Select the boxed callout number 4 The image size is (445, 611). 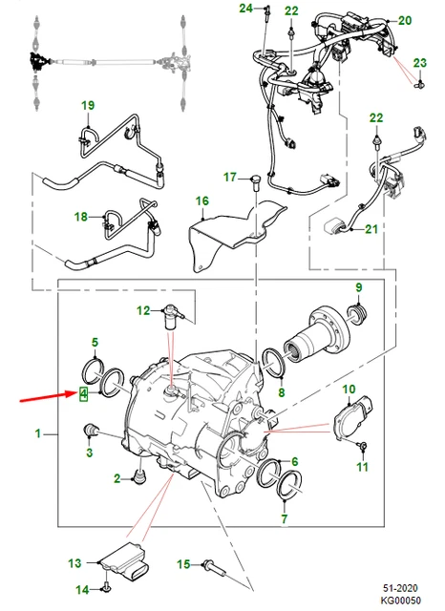(85, 393)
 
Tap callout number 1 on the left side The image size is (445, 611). (39, 434)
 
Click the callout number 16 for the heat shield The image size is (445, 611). (201, 200)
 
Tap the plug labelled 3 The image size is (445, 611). (93, 429)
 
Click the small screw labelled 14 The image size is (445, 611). (108, 588)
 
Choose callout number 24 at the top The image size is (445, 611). (244, 9)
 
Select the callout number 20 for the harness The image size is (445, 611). (404, 20)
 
